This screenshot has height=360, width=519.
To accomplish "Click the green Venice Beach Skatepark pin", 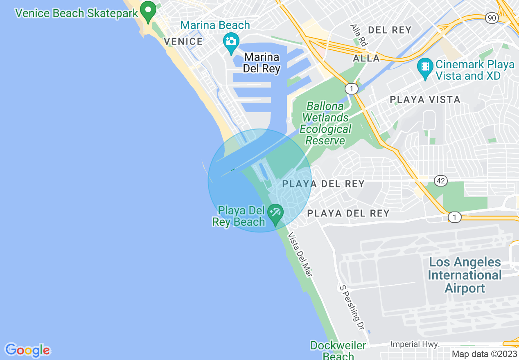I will [148, 11].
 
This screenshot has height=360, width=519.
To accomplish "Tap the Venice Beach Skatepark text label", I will [77, 13].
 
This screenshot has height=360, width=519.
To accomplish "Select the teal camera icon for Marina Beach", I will [231, 42].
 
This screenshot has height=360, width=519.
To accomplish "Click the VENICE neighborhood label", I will [183, 41].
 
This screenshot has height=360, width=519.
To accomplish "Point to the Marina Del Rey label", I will [262, 63].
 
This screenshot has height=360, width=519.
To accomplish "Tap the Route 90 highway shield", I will [492, 18].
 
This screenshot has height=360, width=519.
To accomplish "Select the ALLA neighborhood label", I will [367, 59].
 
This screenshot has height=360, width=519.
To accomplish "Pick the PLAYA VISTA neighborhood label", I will [425, 99].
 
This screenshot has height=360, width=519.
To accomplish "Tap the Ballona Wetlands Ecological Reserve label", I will [325, 124].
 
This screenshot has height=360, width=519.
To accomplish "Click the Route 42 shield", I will [440, 180].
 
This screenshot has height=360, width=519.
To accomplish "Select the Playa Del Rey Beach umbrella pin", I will [275, 214].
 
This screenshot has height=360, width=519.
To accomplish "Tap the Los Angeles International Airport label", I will [465, 275].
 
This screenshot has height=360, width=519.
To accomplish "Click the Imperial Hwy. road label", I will [415, 344].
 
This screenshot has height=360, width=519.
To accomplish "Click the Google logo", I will [27, 350].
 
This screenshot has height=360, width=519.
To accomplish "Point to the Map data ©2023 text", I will [484, 354].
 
